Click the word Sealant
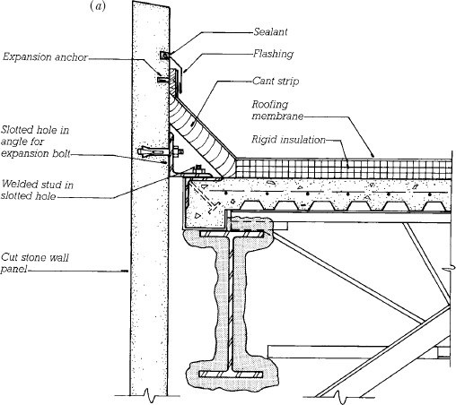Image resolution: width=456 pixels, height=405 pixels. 270,31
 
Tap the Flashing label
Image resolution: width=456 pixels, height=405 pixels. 273,54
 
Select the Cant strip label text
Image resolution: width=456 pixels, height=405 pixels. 276,81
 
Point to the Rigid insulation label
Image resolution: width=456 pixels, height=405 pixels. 288,140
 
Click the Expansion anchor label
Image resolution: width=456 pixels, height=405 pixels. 45,57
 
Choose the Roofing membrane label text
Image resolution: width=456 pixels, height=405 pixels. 277,110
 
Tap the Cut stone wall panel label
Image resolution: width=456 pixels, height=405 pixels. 35,263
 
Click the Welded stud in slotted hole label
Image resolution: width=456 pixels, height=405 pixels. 37,190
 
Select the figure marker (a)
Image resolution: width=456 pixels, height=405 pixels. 98,6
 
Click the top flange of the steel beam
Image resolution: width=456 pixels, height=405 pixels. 232,234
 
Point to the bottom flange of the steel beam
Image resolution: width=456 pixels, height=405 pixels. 231,374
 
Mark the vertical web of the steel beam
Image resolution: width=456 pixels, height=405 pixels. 231,304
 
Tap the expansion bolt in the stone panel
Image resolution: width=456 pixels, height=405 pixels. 160,151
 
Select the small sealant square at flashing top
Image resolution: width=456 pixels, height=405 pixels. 164,56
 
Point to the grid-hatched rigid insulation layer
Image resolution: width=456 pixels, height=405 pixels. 343,169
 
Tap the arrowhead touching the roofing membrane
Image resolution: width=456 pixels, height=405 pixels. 373,155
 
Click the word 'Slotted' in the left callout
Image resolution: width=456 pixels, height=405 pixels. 17,130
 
